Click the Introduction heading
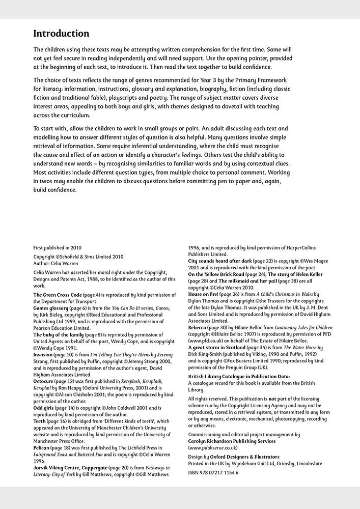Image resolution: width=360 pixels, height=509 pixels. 61,34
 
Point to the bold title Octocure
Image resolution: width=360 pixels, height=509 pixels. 45,381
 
